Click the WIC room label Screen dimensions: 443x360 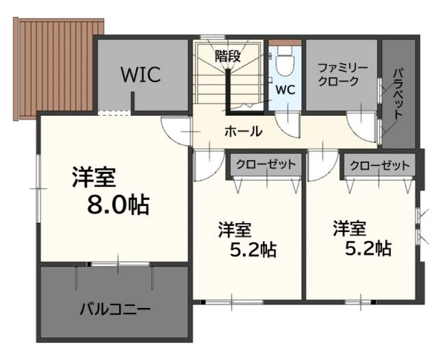141,75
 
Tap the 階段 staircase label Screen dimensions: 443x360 228,56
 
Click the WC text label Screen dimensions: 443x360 285,90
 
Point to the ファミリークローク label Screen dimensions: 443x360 342,75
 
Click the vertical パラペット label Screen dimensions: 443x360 398,93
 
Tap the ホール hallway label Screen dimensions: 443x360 244,131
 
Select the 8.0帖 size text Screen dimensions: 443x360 118,205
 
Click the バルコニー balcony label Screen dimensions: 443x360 115,310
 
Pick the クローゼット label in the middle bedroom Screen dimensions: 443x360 266,164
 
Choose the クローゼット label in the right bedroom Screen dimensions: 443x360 380,165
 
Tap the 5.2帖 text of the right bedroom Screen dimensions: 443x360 368,248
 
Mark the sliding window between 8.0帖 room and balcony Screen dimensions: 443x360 118,264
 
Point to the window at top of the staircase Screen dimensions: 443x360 213,37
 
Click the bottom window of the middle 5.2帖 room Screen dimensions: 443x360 232,302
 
